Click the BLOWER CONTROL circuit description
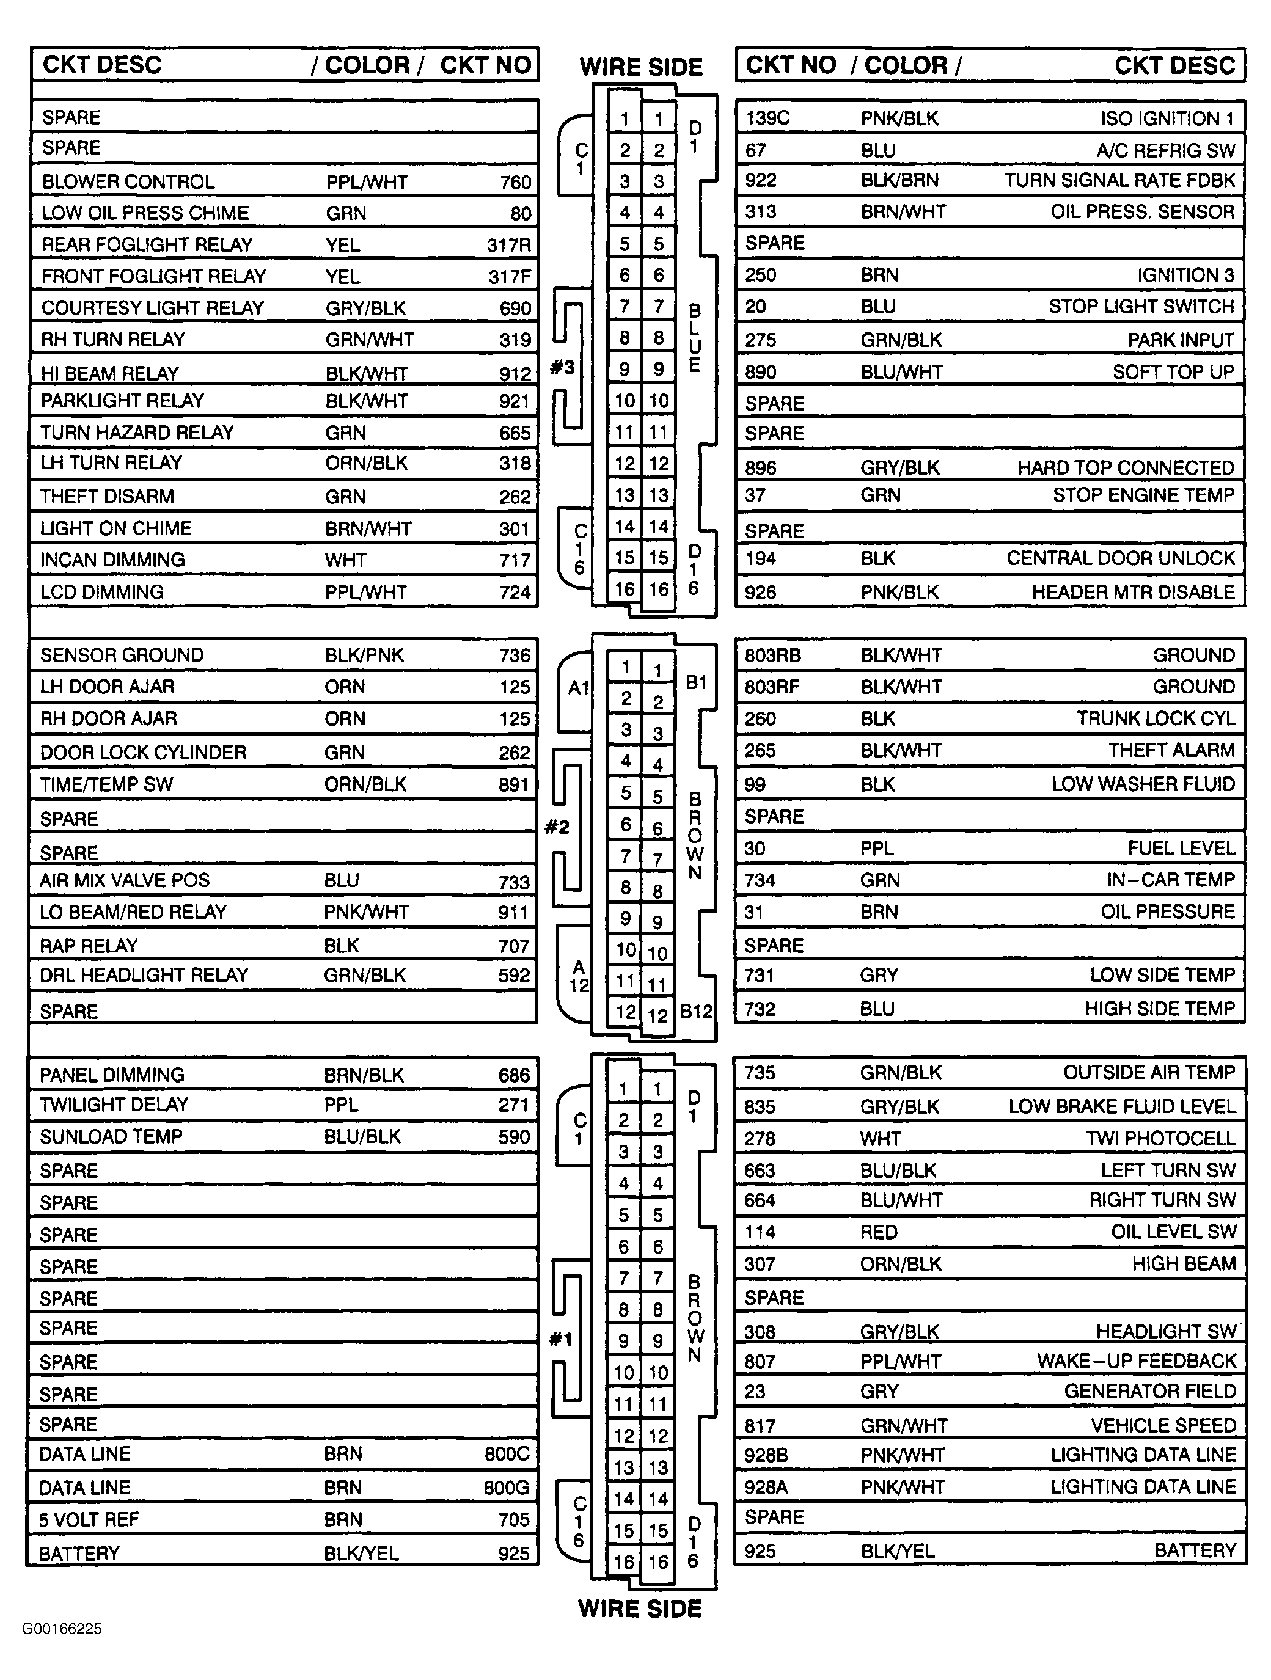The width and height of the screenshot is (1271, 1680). pos(128,182)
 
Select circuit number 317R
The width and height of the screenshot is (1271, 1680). pos(509,244)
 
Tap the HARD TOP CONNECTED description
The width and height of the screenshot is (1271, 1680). pos(1126,468)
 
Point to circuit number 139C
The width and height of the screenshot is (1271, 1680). pos(767,119)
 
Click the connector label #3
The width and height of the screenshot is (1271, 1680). pos(562,368)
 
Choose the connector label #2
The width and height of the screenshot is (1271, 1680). pos(557,827)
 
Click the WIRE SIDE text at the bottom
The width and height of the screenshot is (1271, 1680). pos(640,1609)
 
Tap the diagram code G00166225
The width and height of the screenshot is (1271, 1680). pos(62,1628)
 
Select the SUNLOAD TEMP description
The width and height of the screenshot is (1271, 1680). pos(111,1137)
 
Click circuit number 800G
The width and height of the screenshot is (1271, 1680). pos(507,1487)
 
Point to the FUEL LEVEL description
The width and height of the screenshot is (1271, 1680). pos(1181,849)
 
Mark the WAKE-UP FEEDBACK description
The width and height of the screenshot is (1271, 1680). pos(1137,1361)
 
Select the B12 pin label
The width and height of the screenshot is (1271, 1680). pos(696,1012)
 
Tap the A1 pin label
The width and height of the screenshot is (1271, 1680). pos(579,688)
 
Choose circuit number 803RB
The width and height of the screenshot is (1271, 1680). pos(772,656)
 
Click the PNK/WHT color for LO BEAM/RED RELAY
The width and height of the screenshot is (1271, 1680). pos(366,912)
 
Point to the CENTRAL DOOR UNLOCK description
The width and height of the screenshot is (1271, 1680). pos(1121,558)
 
